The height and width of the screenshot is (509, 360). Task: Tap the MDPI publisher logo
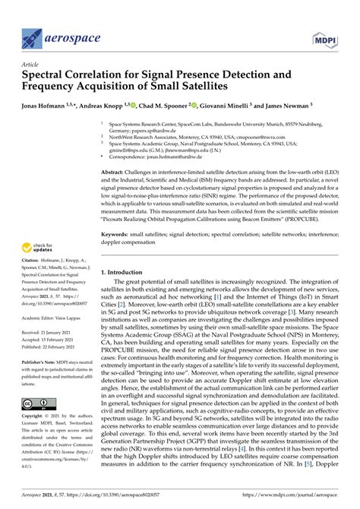[327, 35]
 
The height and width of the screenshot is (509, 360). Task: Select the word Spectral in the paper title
[47, 76]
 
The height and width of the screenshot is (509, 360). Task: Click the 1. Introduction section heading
[128, 271]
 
